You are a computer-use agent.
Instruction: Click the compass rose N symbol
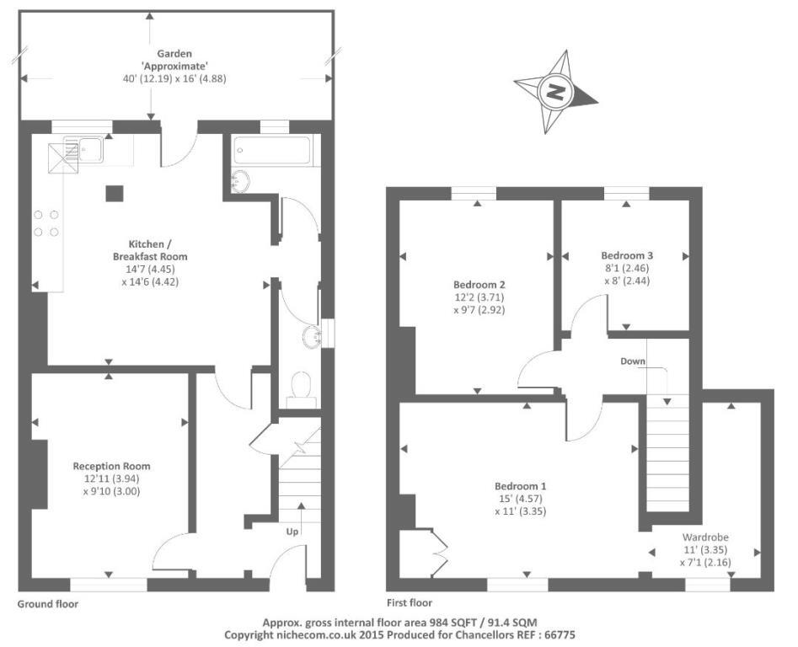(555, 92)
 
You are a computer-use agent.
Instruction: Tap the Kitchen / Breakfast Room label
(150, 250)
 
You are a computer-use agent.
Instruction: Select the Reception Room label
(111, 466)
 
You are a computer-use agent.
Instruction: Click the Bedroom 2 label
(479, 285)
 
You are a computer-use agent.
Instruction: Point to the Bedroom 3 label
(626, 255)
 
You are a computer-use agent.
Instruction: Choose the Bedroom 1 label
(520, 486)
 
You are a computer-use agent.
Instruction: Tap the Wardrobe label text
(704, 537)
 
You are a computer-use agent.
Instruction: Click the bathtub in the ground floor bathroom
(272, 150)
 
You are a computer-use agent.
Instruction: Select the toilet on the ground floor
(301, 388)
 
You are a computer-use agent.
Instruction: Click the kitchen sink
(83, 150)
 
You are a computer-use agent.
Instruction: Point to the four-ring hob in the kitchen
(46, 223)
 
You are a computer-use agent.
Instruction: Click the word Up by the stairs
(292, 532)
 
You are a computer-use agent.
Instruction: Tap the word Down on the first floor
(633, 361)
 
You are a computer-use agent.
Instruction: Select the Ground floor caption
(48, 604)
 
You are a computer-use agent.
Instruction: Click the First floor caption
(410, 602)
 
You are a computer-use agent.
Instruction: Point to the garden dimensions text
(174, 79)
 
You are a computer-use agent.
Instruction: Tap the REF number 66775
(560, 635)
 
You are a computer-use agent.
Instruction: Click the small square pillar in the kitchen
(115, 193)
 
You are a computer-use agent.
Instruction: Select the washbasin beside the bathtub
(240, 181)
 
